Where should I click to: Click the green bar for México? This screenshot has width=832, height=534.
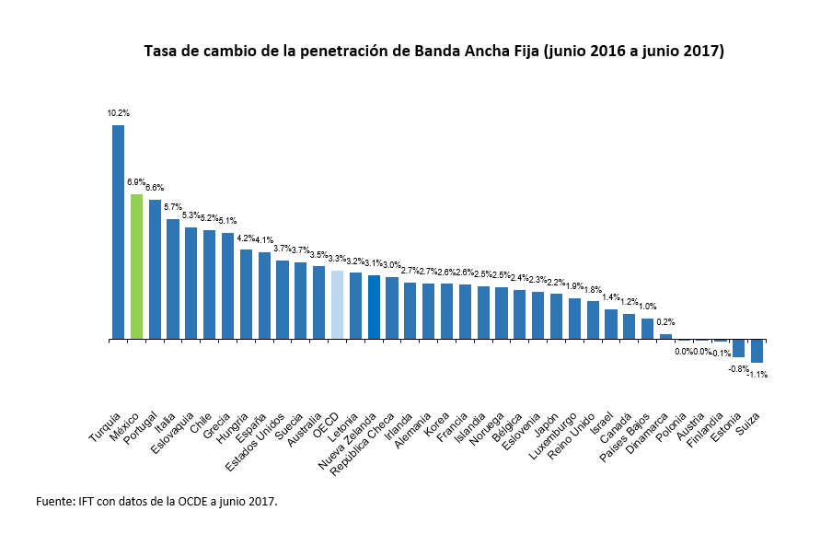tap(136, 267)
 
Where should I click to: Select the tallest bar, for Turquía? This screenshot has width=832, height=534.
tap(118, 232)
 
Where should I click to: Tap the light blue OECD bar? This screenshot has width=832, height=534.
tap(337, 305)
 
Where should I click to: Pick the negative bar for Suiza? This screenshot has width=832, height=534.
tap(757, 351)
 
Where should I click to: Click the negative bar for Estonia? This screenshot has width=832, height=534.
tap(738, 348)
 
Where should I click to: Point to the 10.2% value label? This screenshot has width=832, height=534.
tap(118, 113)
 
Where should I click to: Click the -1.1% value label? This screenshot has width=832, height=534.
tap(757, 375)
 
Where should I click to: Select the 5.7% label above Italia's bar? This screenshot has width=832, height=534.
tap(173, 208)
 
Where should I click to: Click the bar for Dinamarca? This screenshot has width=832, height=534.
tap(665, 337)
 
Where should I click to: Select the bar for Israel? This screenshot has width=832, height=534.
tap(611, 324)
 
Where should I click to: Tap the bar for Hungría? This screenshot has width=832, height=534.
tap(246, 295)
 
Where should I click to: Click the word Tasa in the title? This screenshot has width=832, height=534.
tap(163, 52)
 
